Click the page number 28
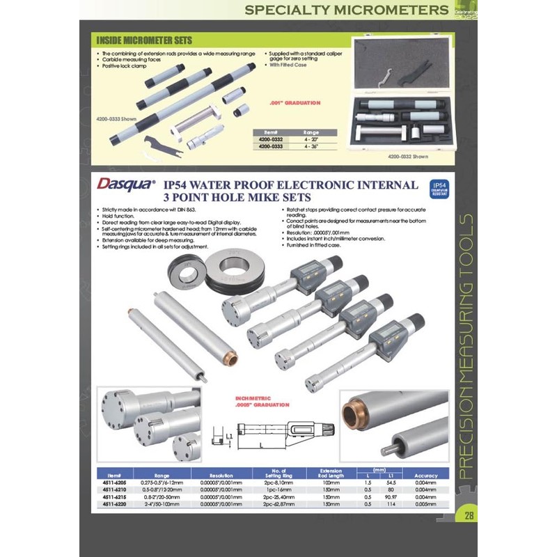[x=469, y=516]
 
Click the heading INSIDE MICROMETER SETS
[x=144, y=40]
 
